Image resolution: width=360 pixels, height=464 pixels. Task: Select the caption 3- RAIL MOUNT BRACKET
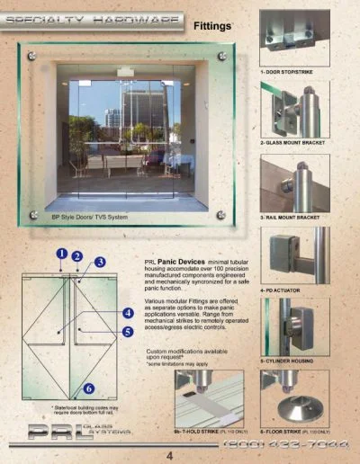[290, 218]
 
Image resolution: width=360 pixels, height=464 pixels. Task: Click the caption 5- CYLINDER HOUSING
[287, 361]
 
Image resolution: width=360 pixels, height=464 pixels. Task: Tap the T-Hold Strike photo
[212, 395]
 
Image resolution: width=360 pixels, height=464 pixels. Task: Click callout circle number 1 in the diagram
[60, 254]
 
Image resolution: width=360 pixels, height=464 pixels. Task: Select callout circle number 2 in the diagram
[78, 256]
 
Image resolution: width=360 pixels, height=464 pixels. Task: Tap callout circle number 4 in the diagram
[130, 313]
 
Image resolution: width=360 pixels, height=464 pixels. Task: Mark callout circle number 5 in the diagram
[130, 331]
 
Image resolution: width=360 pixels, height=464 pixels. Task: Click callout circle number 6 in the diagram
[89, 389]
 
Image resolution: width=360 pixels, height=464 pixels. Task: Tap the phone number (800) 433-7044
[288, 443]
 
